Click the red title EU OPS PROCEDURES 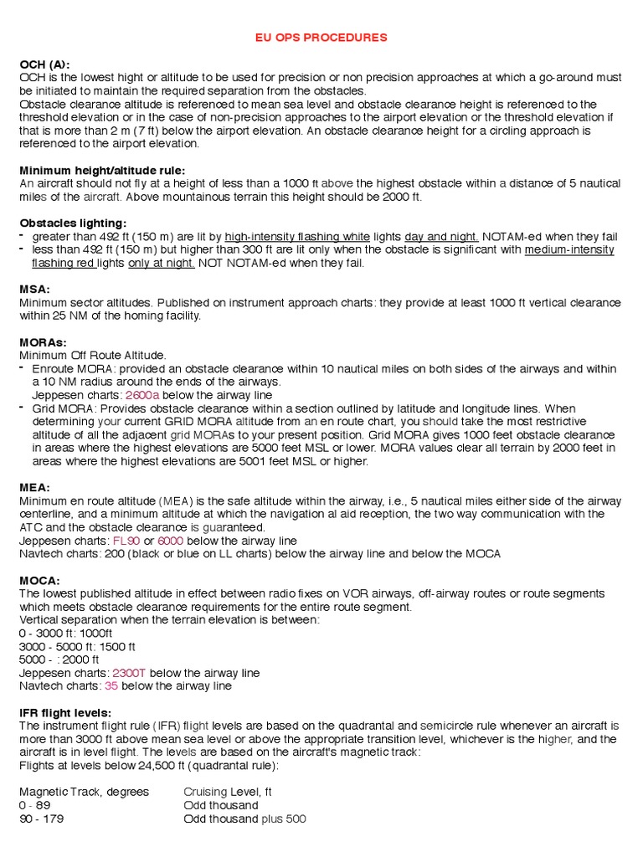321,38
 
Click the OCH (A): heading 44,64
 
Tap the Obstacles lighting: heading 73,223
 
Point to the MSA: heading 34,290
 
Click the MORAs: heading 43,342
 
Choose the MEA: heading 34,488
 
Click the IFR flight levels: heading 66,713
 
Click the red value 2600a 142,395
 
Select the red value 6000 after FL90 170,541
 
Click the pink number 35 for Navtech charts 111,686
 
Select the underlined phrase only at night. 162,264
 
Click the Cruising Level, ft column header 228,792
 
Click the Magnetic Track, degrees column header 84,792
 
